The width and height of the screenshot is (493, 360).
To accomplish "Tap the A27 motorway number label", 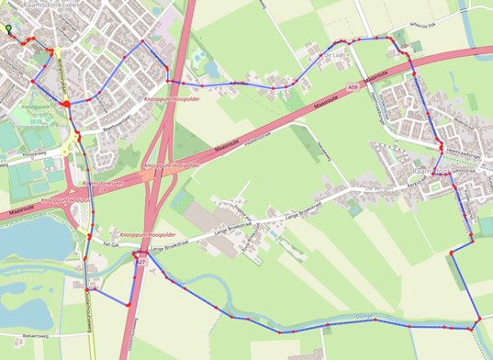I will click(141, 264).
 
